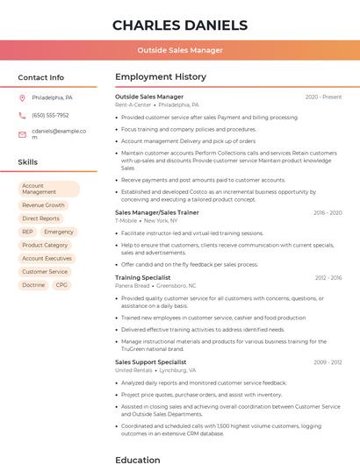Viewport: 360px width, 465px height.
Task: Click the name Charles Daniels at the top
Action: [180, 25]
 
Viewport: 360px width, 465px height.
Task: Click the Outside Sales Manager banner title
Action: [180, 50]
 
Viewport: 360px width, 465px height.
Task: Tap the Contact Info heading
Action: [41, 77]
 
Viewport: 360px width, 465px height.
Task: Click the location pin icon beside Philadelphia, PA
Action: [22, 97]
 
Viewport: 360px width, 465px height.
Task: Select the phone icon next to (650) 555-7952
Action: [22, 115]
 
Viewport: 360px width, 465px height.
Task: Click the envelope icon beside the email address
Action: [22, 134]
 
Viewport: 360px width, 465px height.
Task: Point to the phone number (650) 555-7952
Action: [50, 115]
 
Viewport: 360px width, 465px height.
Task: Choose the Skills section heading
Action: [28, 162]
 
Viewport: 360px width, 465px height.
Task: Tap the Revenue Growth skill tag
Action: [43, 205]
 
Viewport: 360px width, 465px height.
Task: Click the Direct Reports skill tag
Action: [40, 218]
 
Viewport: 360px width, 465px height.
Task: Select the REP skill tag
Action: [27, 232]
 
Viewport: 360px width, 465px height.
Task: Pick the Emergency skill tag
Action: [59, 232]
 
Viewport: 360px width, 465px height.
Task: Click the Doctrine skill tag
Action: [33, 285]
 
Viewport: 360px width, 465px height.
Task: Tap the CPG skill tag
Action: [61, 285]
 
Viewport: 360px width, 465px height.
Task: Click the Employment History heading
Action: [161, 77]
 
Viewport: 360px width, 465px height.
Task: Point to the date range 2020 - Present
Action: [323, 97]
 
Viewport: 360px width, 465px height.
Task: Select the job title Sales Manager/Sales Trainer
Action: [157, 212]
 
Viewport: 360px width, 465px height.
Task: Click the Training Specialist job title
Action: [143, 277]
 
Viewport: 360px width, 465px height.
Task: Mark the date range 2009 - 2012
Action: [328, 361]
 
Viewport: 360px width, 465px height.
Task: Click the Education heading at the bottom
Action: [138, 459]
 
